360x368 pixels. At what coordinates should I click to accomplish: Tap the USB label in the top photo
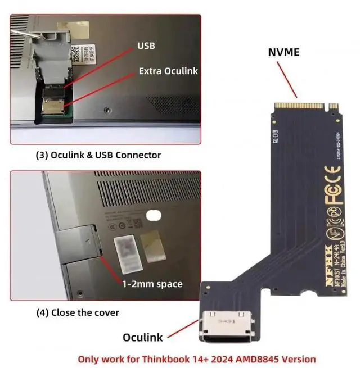pyautogui.click(x=146, y=46)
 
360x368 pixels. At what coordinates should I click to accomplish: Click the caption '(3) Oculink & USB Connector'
pyautogui.click(x=98, y=155)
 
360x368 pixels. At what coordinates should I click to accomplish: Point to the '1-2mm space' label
pyautogui.click(x=152, y=284)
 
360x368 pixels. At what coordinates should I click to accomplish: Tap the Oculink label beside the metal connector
pyautogui.click(x=143, y=337)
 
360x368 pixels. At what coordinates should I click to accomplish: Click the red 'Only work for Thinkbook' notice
pyautogui.click(x=196, y=358)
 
